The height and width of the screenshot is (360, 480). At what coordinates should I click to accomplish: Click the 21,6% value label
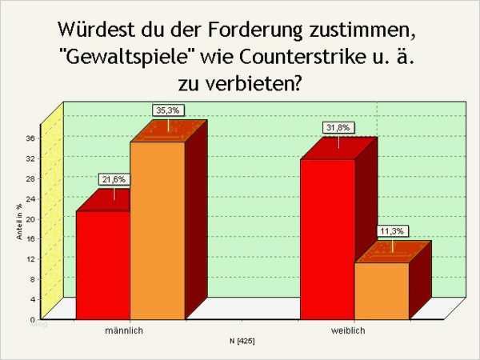(114, 181)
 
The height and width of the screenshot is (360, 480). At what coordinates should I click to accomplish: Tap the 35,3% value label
(167, 110)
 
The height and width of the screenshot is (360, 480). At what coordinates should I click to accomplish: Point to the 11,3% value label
(393, 231)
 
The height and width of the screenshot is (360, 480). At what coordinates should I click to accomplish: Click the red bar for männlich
(102, 264)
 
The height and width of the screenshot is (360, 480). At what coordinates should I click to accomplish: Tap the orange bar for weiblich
(382, 290)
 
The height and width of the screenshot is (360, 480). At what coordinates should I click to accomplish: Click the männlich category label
(124, 330)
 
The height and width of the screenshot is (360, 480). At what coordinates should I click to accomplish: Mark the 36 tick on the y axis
(30, 138)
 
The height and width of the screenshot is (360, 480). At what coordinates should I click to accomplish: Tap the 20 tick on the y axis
(30, 218)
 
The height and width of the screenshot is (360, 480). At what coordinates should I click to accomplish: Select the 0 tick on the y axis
(32, 319)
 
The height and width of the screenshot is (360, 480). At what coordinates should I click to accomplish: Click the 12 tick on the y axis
(30, 258)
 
